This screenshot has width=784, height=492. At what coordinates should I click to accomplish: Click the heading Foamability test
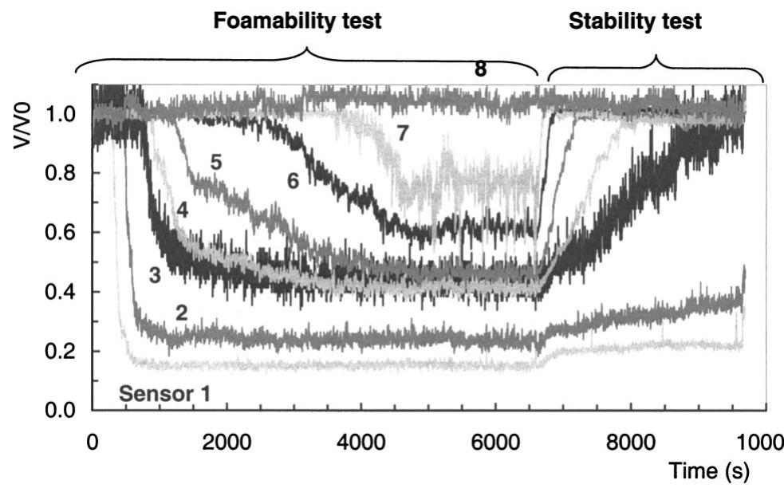point(297,22)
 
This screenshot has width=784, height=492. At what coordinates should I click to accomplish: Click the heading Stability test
point(635,22)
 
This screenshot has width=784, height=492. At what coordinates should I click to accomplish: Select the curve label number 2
point(181,313)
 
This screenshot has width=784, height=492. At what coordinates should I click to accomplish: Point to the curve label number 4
point(182,212)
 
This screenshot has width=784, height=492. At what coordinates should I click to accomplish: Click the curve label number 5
point(215,162)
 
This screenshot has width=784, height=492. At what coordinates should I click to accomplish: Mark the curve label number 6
point(293,181)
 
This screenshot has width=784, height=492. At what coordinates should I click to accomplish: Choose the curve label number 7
point(403,133)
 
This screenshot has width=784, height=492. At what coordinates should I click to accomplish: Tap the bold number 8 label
point(480,69)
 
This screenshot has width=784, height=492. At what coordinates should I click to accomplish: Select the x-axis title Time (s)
point(709,471)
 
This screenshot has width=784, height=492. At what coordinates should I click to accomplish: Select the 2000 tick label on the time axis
point(227,440)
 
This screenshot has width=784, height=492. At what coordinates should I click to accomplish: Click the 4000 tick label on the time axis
point(361,440)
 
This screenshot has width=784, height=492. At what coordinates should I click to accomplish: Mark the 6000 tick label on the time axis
point(496,440)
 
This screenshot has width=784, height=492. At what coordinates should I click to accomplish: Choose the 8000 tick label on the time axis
point(631,440)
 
